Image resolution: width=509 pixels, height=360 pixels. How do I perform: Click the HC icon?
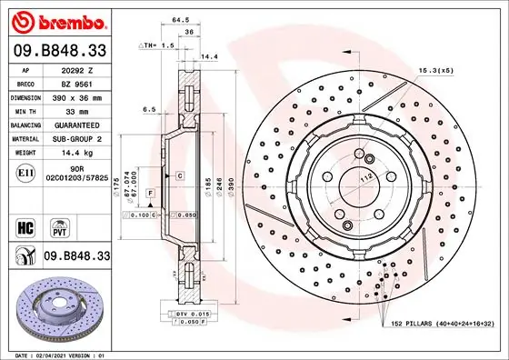(x=25, y=225)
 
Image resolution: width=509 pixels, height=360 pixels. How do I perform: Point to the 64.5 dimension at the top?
(x=180, y=17)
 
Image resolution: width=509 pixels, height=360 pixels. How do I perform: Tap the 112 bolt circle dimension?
(x=364, y=179)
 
